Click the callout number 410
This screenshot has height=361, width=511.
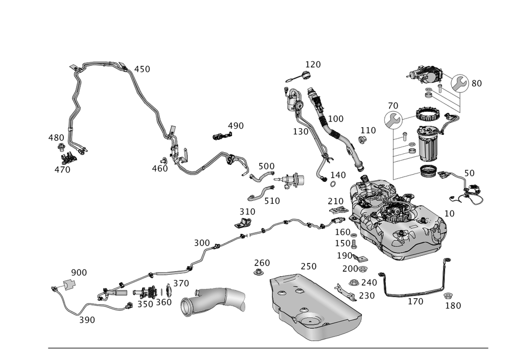coord(143,69)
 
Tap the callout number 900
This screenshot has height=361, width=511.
coord(79,272)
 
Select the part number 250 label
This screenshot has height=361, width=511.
coord(308,266)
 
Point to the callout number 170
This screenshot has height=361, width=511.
coord(415,301)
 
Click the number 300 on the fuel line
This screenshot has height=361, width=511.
coord(202,242)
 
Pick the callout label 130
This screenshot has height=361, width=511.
coord(300,131)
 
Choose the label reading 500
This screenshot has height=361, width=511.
coord(266,166)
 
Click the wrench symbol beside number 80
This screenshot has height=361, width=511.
coord(460,83)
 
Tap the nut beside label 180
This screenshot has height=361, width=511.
coord(448,295)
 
